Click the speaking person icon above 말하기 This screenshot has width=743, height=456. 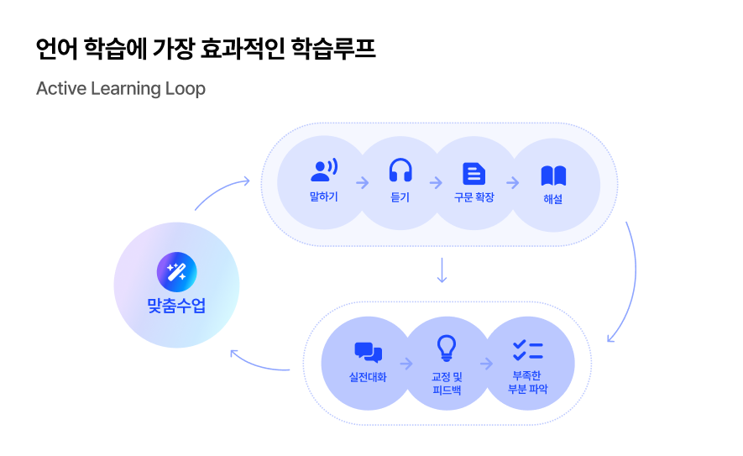pos(323,170)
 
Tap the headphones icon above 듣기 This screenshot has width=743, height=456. pos(400,170)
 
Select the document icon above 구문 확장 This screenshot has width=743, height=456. pos(474,173)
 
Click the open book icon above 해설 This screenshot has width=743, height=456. pos(553,176)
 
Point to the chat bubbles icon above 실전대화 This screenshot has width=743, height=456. pos(368,353)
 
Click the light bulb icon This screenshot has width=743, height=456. pos(447,348)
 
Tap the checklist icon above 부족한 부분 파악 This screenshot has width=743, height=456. pos(528,351)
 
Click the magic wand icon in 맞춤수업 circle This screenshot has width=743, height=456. pos(176,272)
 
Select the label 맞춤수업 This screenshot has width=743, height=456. pos(176,307)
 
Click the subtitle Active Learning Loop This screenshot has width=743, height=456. pos(121,88)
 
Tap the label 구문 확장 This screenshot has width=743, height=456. pos(474,197)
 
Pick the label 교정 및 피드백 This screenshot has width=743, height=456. pos(447,383)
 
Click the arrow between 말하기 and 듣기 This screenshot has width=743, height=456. pos(363,182)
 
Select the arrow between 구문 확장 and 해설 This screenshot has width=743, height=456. pos(512,182)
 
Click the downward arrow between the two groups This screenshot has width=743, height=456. pos(442,270)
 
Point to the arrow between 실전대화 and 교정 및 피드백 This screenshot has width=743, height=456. pos(407,364)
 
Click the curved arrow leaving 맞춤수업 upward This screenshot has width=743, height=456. pos(220,191)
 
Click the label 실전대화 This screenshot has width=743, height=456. pos(368,377)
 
